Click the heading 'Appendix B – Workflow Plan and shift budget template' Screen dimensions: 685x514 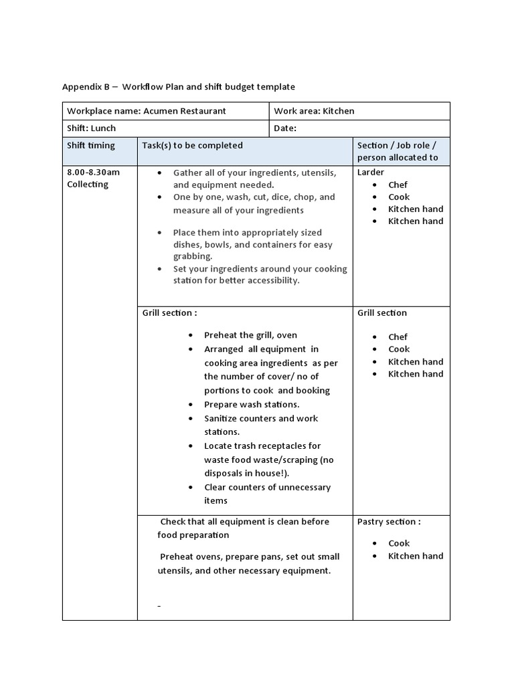click(x=178, y=87)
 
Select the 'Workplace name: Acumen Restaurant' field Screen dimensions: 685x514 click(x=147, y=111)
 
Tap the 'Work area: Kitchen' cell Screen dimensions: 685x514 click(x=314, y=111)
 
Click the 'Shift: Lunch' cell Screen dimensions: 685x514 click(x=91, y=128)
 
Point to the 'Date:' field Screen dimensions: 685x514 click(x=285, y=128)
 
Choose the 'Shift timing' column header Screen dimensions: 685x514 click(x=91, y=146)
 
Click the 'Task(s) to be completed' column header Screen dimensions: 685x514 click(x=193, y=146)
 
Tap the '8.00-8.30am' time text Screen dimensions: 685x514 click(x=93, y=172)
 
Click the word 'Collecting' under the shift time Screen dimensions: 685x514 click(x=88, y=185)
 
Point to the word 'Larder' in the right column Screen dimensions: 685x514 click(x=371, y=172)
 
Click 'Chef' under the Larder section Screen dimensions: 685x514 click(x=398, y=185)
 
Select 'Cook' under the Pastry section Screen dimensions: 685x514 click(x=399, y=543)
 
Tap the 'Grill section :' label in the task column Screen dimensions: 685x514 click(x=170, y=312)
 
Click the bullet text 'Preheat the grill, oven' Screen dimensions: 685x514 click(x=250, y=335)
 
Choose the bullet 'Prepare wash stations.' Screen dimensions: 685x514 click(x=252, y=405)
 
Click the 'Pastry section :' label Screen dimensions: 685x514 click(x=389, y=522)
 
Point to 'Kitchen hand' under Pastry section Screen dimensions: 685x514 click(x=416, y=556)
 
